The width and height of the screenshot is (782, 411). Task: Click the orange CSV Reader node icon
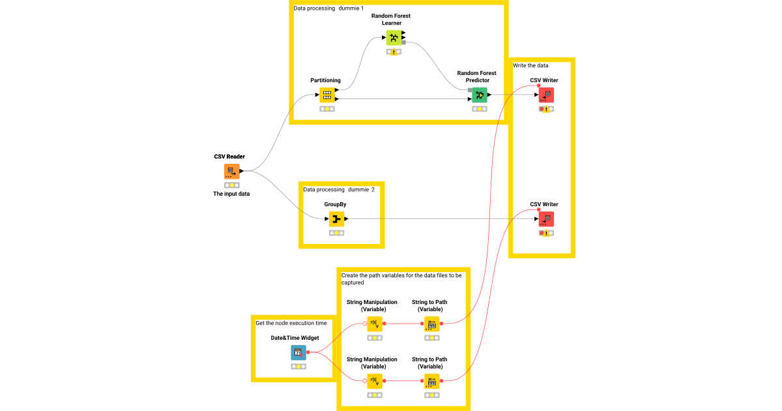pos(232,172)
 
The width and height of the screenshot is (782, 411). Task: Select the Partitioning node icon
pos(327,95)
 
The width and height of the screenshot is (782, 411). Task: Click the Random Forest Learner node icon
pos(394,38)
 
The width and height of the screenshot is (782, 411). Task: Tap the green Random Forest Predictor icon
pos(480,95)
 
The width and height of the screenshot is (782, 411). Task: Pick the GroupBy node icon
pos(336,219)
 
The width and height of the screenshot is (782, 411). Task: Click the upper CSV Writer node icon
pos(546,95)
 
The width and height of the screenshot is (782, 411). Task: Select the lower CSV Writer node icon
pos(546,219)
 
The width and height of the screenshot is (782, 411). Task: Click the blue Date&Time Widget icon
pos(298,353)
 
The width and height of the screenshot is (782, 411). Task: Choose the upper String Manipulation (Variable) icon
pos(374,324)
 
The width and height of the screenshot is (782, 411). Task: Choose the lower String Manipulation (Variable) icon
pos(374,381)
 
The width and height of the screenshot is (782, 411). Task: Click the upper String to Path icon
pos(431,324)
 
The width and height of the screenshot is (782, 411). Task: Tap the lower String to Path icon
pos(431,381)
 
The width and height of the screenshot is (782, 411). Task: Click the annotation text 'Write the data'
pos(530,65)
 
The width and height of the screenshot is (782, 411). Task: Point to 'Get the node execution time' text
pos(291,323)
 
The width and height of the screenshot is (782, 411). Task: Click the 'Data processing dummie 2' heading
pos(339,189)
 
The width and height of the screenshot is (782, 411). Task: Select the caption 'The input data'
pos(231,194)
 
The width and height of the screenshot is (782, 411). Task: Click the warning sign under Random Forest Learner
pos(394,52)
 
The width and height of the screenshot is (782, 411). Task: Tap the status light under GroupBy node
pos(336,233)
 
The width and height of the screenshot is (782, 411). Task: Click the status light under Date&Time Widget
pos(298,367)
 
